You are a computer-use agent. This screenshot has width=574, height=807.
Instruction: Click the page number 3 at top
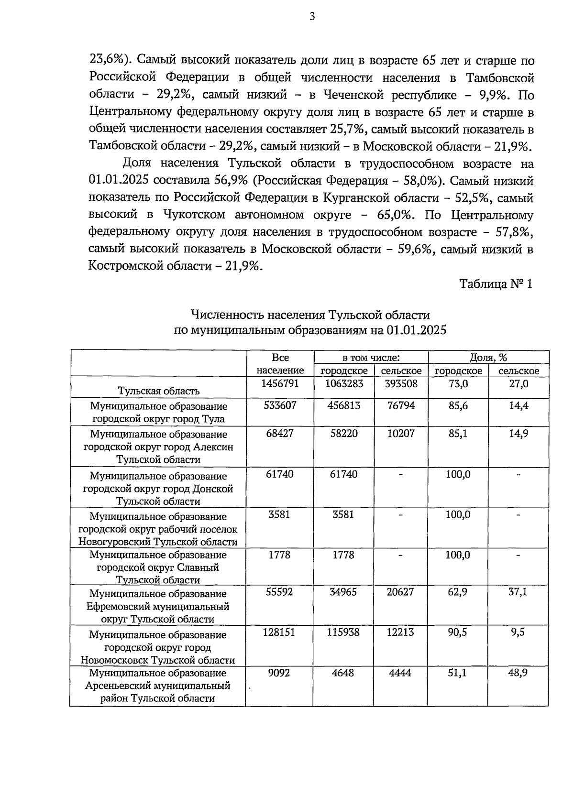point(312,17)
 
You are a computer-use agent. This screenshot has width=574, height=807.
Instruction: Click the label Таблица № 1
point(496,284)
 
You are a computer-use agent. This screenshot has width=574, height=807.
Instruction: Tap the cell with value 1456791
point(280,383)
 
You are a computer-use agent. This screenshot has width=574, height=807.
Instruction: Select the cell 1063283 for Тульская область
point(344,383)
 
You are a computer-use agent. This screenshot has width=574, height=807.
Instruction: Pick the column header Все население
point(280,364)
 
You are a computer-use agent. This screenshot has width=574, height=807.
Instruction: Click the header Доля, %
point(488,358)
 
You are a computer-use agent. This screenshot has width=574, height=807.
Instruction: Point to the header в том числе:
point(371,358)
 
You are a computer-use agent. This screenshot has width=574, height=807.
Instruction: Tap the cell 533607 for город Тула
point(280,405)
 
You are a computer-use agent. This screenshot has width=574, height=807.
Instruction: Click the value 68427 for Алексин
point(280,433)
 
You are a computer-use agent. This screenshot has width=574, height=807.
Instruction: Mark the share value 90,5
point(458,632)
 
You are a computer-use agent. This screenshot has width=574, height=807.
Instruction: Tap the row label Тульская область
point(159,391)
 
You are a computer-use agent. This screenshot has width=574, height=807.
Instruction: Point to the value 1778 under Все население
point(280,555)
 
